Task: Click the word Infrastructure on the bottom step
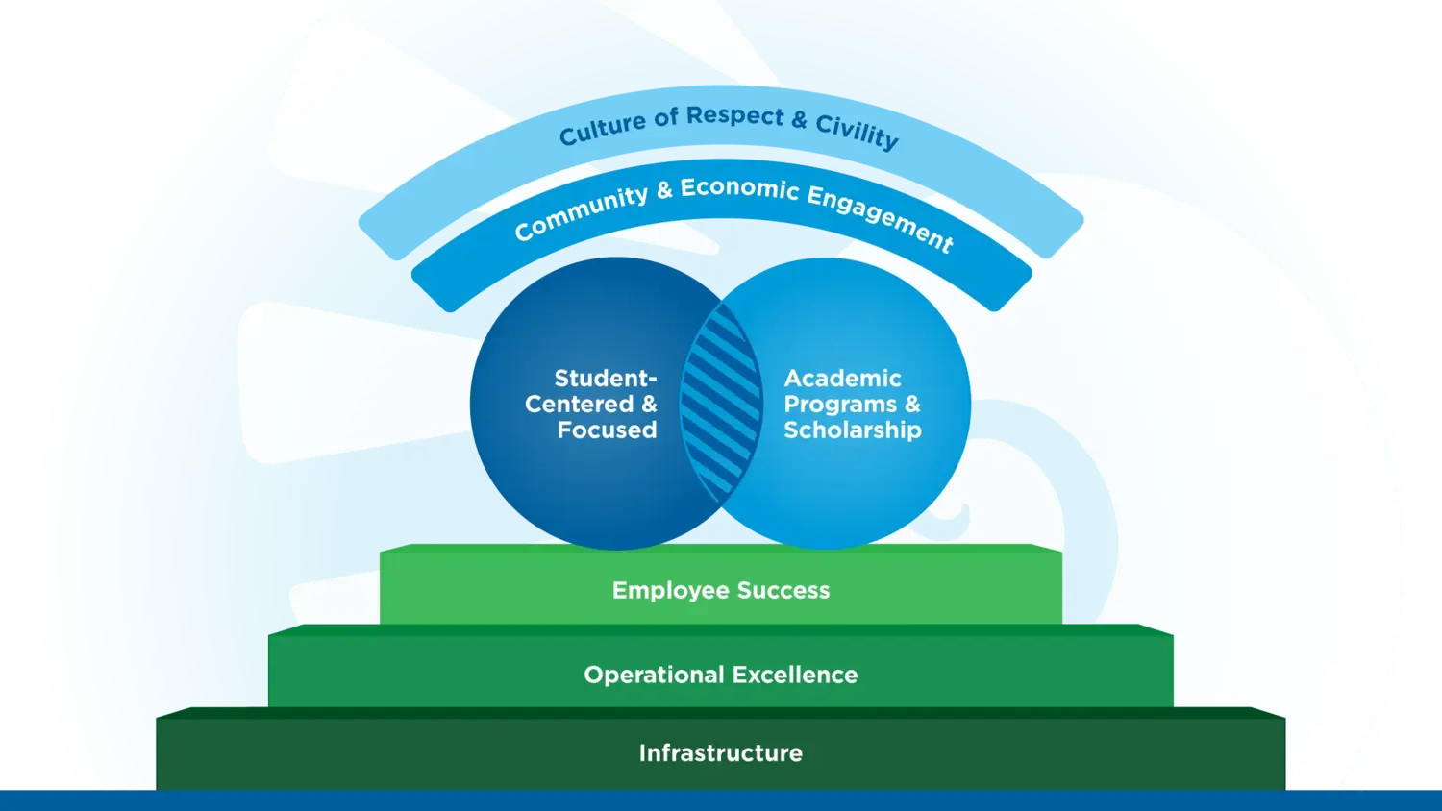[x=721, y=753]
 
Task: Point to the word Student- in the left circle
[x=606, y=379]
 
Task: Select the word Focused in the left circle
[x=608, y=430]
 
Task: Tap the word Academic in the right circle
[x=843, y=379]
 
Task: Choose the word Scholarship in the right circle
[x=853, y=430]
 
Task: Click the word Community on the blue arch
[x=581, y=213]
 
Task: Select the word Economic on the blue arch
[x=739, y=189]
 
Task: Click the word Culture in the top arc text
[x=603, y=130]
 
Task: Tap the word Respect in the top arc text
[x=735, y=116]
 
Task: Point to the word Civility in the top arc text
[x=857, y=132]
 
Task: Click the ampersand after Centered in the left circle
[x=650, y=405]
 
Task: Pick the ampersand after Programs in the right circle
[x=912, y=405]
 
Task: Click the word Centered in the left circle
[x=580, y=405]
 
